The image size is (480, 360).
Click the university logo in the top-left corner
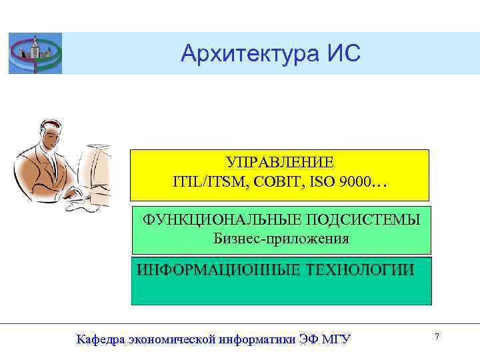(35, 53)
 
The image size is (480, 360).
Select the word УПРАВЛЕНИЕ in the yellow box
(279, 163)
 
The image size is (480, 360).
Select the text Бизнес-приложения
(281, 238)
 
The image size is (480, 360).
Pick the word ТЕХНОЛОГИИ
(359, 270)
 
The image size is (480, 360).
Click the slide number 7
(437, 337)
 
